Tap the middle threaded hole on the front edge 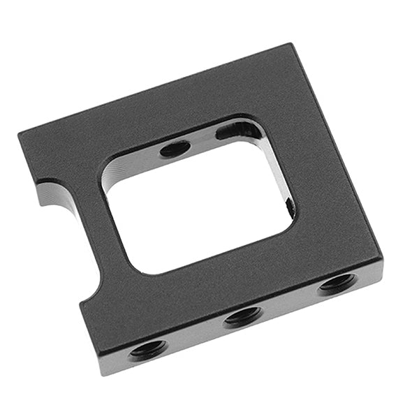click(243, 316)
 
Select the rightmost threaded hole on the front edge click(338, 282)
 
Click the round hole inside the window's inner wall click(175, 148)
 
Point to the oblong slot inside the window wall click(238, 131)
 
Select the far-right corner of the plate click(383, 263)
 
